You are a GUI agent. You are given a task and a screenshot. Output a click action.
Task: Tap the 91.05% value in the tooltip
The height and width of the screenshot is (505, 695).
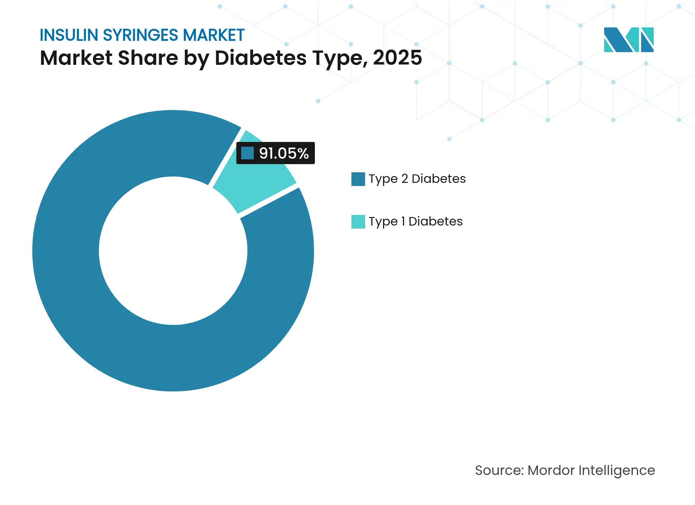point(283,153)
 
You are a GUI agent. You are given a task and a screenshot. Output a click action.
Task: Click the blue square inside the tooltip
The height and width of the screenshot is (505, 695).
point(247,153)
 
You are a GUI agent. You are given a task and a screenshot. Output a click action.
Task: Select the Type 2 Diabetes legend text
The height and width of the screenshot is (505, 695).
point(417,179)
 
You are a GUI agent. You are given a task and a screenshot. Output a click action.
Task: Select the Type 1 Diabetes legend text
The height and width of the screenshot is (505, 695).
point(415,221)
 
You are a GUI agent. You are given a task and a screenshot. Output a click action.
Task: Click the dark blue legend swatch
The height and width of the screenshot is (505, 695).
point(358,179)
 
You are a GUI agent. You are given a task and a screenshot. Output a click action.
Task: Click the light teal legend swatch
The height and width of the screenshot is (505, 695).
point(358,222)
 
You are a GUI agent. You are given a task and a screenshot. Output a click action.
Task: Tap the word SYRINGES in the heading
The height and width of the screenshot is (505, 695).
point(140,35)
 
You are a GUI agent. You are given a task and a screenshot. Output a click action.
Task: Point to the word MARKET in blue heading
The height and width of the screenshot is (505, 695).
point(214,35)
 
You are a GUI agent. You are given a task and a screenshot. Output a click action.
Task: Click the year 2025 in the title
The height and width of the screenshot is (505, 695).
point(397,58)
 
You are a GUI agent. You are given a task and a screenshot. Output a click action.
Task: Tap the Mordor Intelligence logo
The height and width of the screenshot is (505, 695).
point(628,40)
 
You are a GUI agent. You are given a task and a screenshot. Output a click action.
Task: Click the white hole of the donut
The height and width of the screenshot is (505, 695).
point(173,251)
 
